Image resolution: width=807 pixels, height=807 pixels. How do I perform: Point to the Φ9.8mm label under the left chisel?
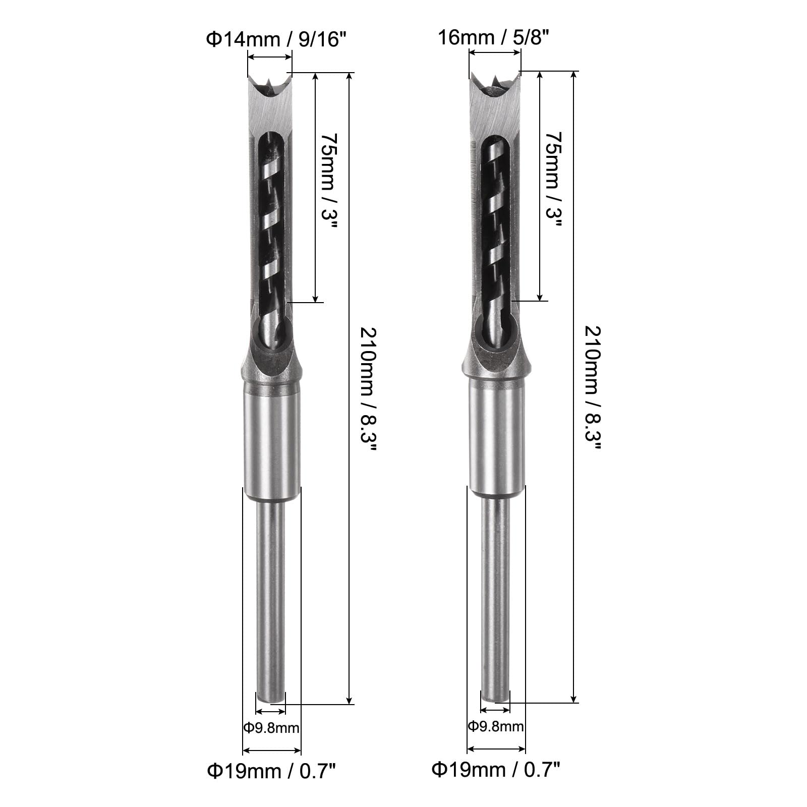pyautogui.click(x=271, y=728)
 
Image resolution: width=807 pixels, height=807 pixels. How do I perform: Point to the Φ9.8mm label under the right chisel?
pyautogui.click(x=496, y=727)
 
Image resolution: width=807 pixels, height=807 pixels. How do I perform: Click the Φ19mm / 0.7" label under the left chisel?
pyautogui.click(x=271, y=771)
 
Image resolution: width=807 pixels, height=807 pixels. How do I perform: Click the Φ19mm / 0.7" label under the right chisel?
pyautogui.click(x=496, y=770)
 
